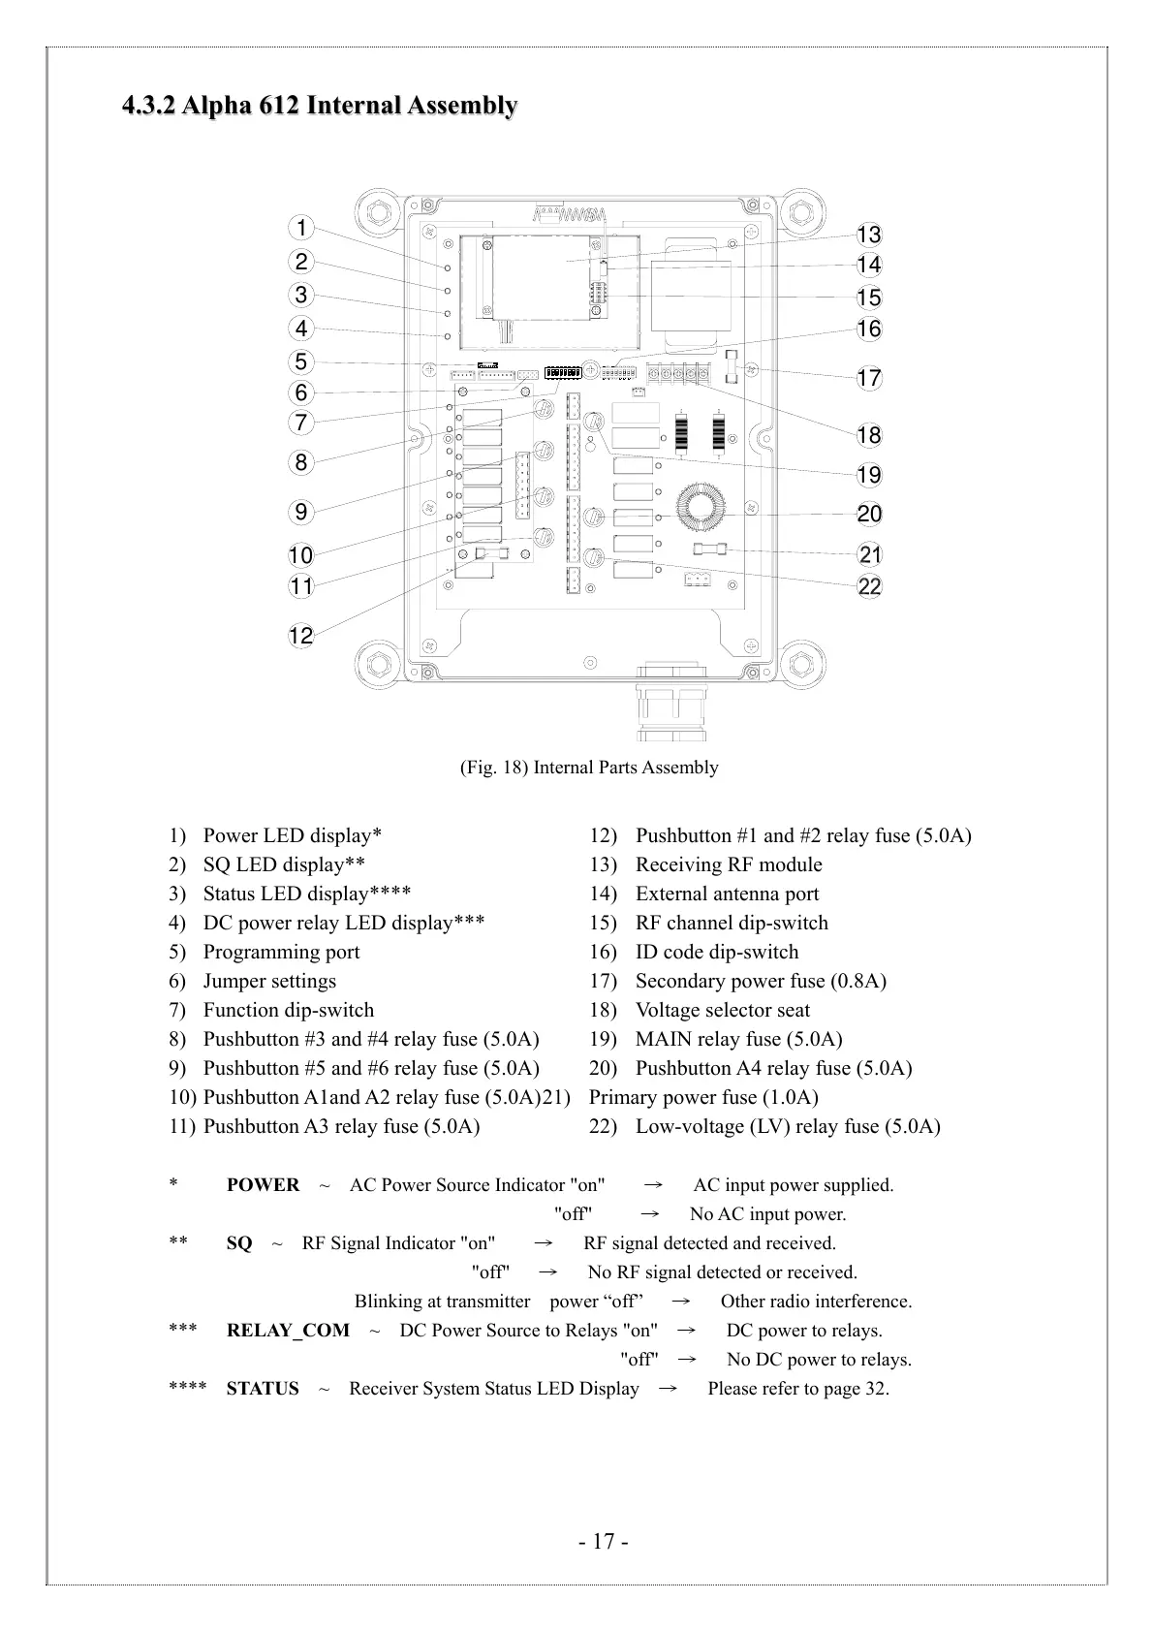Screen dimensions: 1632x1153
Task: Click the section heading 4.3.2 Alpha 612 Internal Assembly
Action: pyautogui.click(x=319, y=105)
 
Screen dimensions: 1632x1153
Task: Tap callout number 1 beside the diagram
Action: pyautogui.click(x=301, y=228)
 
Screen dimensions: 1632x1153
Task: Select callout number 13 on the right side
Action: pyautogui.click(x=869, y=235)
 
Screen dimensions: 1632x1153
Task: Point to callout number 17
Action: pyautogui.click(x=869, y=378)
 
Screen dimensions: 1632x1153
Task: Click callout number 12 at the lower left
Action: pyautogui.click(x=301, y=636)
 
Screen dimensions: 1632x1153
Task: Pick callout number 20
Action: pyautogui.click(x=869, y=514)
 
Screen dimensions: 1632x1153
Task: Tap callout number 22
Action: pyautogui.click(x=869, y=586)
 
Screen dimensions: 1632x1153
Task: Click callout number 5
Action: pyautogui.click(x=301, y=361)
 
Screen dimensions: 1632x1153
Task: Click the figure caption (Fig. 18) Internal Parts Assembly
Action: pyautogui.click(x=588, y=768)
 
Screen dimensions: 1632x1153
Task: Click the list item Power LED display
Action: pyautogui.click(x=292, y=835)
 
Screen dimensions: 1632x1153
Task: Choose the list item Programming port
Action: pyautogui.click(x=281, y=952)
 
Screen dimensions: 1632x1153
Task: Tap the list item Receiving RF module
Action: pyautogui.click(x=729, y=864)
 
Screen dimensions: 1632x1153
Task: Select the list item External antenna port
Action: pyautogui.click(x=727, y=894)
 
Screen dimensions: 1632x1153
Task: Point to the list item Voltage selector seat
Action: pyautogui.click(x=722, y=1010)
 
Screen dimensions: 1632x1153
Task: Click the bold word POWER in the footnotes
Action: pyautogui.click(x=263, y=1185)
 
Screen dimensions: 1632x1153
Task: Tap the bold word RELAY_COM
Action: pyautogui.click(x=288, y=1331)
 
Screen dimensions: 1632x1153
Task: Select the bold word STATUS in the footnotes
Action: pyautogui.click(x=263, y=1389)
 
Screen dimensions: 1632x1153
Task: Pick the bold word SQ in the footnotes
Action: pyautogui.click(x=239, y=1243)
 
